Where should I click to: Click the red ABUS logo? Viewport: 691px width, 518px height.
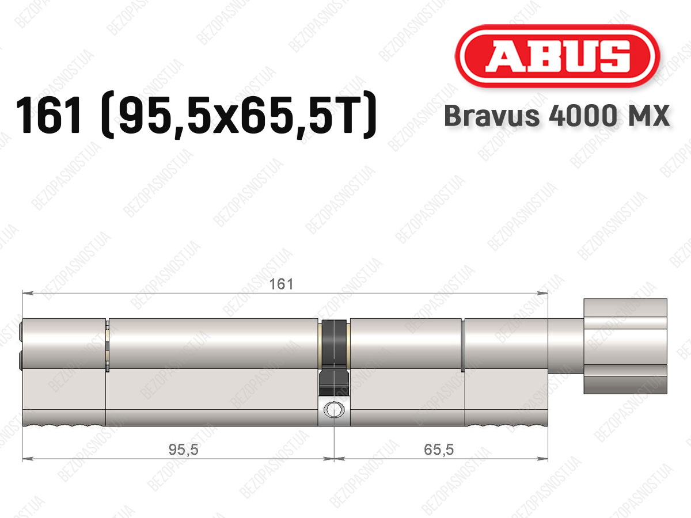[557, 56]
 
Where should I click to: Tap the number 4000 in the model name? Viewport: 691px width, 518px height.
[582, 116]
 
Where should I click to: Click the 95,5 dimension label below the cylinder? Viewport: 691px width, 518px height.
[184, 450]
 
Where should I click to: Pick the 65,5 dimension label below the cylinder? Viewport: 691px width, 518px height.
[439, 450]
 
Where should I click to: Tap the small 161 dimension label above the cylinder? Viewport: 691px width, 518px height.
[281, 284]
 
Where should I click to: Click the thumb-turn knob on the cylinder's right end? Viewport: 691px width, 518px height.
[625, 346]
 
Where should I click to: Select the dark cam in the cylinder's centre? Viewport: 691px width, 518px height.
[334, 357]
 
